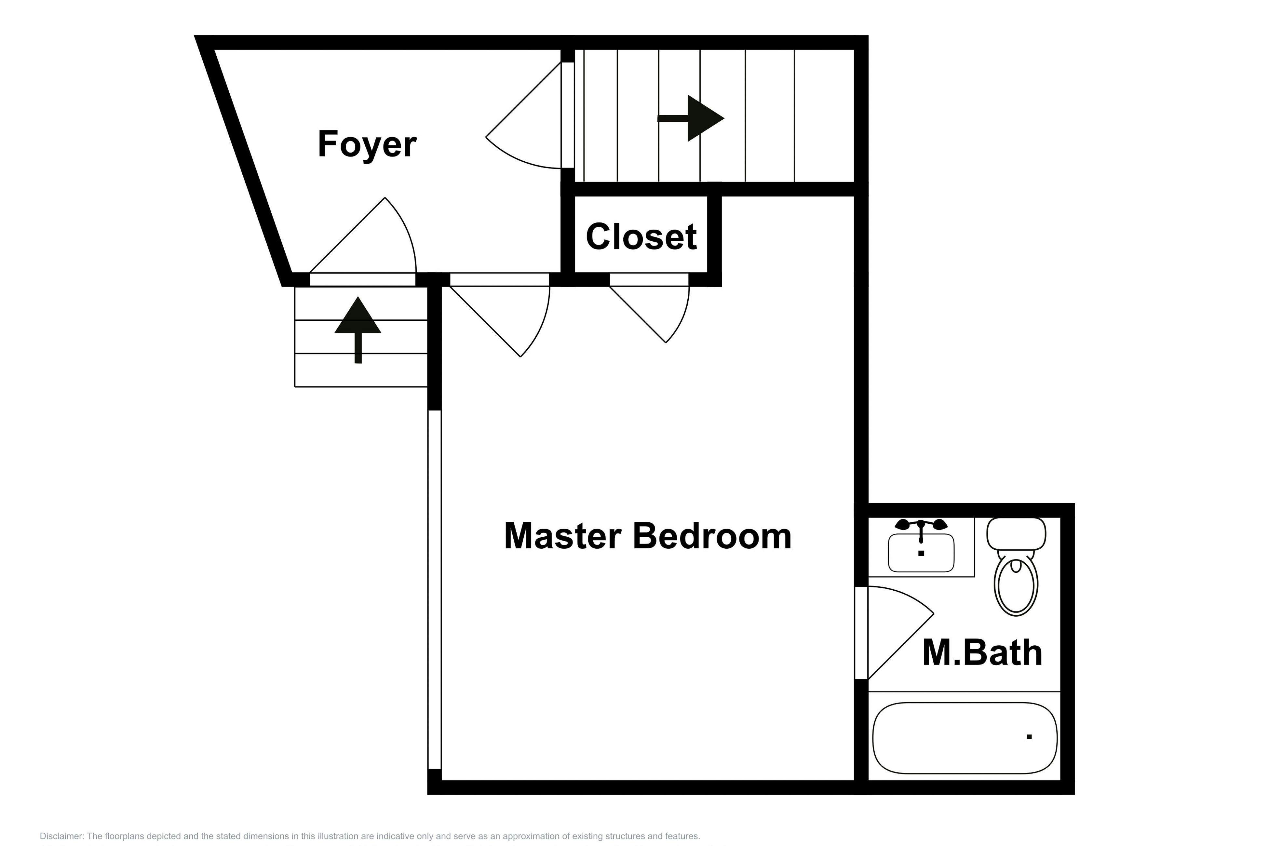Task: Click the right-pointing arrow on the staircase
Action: click(x=691, y=118)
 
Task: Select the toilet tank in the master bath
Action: click(x=1016, y=534)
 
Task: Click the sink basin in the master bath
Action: click(x=921, y=553)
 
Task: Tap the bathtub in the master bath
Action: click(x=965, y=738)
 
